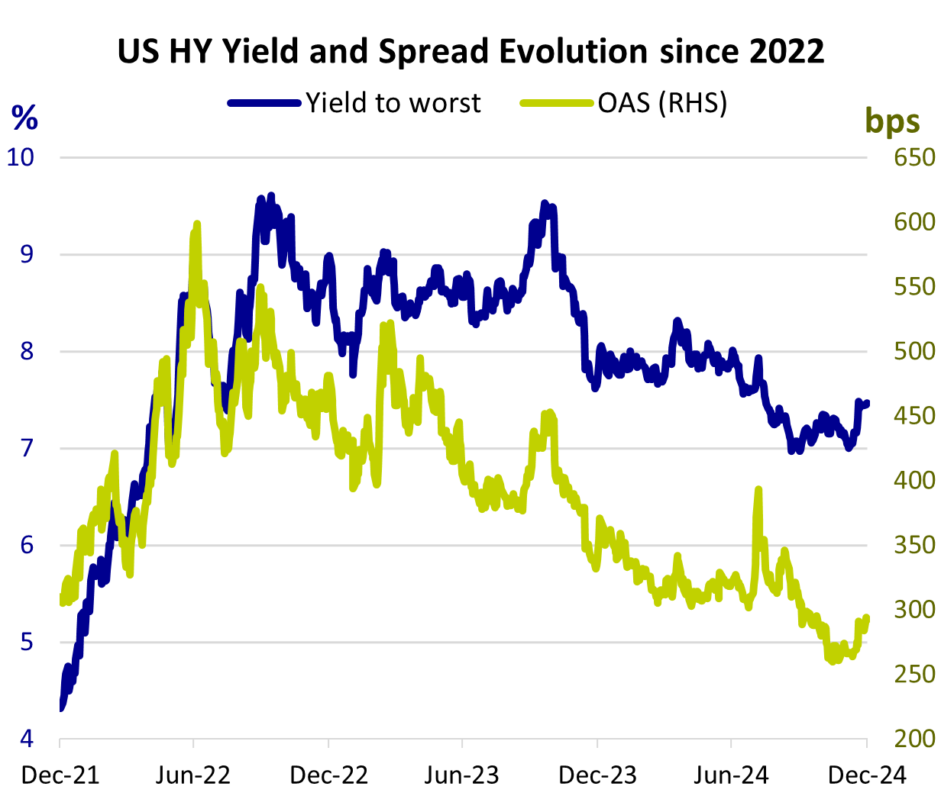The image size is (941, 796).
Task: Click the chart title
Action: tap(470, 51)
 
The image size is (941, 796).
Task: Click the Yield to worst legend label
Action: tap(393, 103)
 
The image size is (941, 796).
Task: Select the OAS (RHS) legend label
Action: tap(662, 103)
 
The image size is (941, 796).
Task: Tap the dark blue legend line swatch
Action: tap(264, 103)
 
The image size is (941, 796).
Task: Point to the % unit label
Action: tap(24, 118)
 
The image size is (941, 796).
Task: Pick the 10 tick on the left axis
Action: tap(21, 157)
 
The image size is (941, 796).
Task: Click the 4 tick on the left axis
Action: tap(27, 739)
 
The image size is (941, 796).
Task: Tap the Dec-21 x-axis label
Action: tap(60, 775)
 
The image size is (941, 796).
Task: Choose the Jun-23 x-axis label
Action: tap(462, 775)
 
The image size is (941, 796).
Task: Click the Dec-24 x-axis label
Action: tap(868, 775)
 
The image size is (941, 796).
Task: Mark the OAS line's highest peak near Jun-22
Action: tap(197, 224)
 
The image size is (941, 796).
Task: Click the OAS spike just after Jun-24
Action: tap(758, 489)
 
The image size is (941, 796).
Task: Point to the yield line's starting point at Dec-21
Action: tap(60, 707)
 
